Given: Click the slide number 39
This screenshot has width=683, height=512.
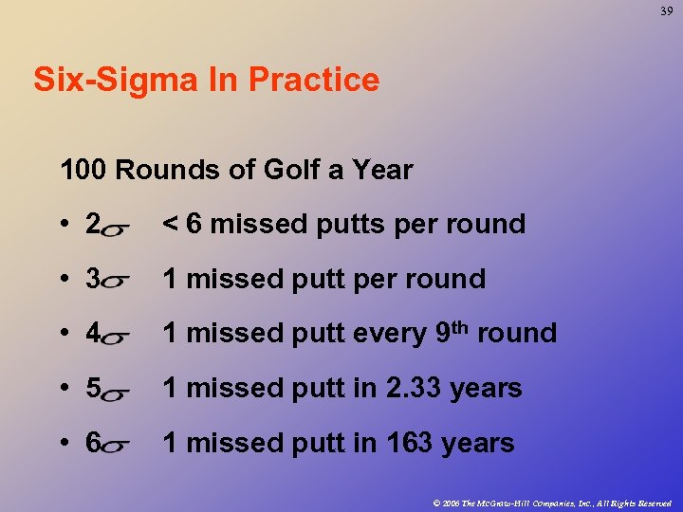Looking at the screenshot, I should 667,10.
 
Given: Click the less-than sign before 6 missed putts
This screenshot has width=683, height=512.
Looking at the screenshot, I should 170,225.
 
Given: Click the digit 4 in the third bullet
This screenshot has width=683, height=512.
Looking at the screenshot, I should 93,334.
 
